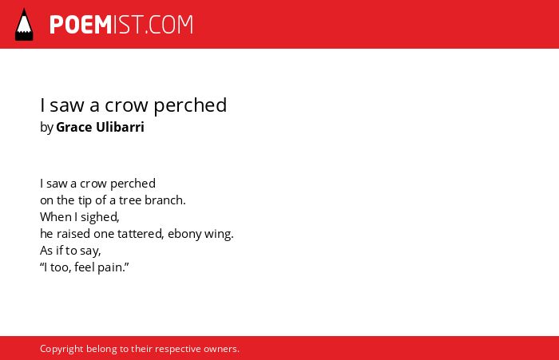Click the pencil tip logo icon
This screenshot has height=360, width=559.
pos(24,25)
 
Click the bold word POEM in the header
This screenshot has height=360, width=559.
pos(81,25)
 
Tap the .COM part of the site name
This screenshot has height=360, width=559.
pos(169,25)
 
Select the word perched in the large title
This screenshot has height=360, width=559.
pos(190,105)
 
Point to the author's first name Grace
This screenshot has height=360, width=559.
pos(73,127)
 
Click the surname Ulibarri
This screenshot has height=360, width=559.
pos(120,127)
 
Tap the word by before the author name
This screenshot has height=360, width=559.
pos(46,128)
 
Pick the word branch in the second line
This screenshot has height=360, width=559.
pos(165,200)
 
